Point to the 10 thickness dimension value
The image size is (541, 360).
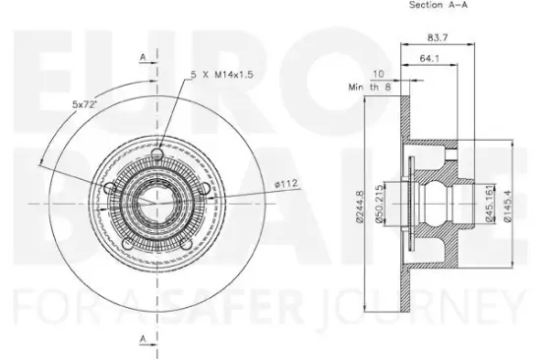point(379,75)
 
